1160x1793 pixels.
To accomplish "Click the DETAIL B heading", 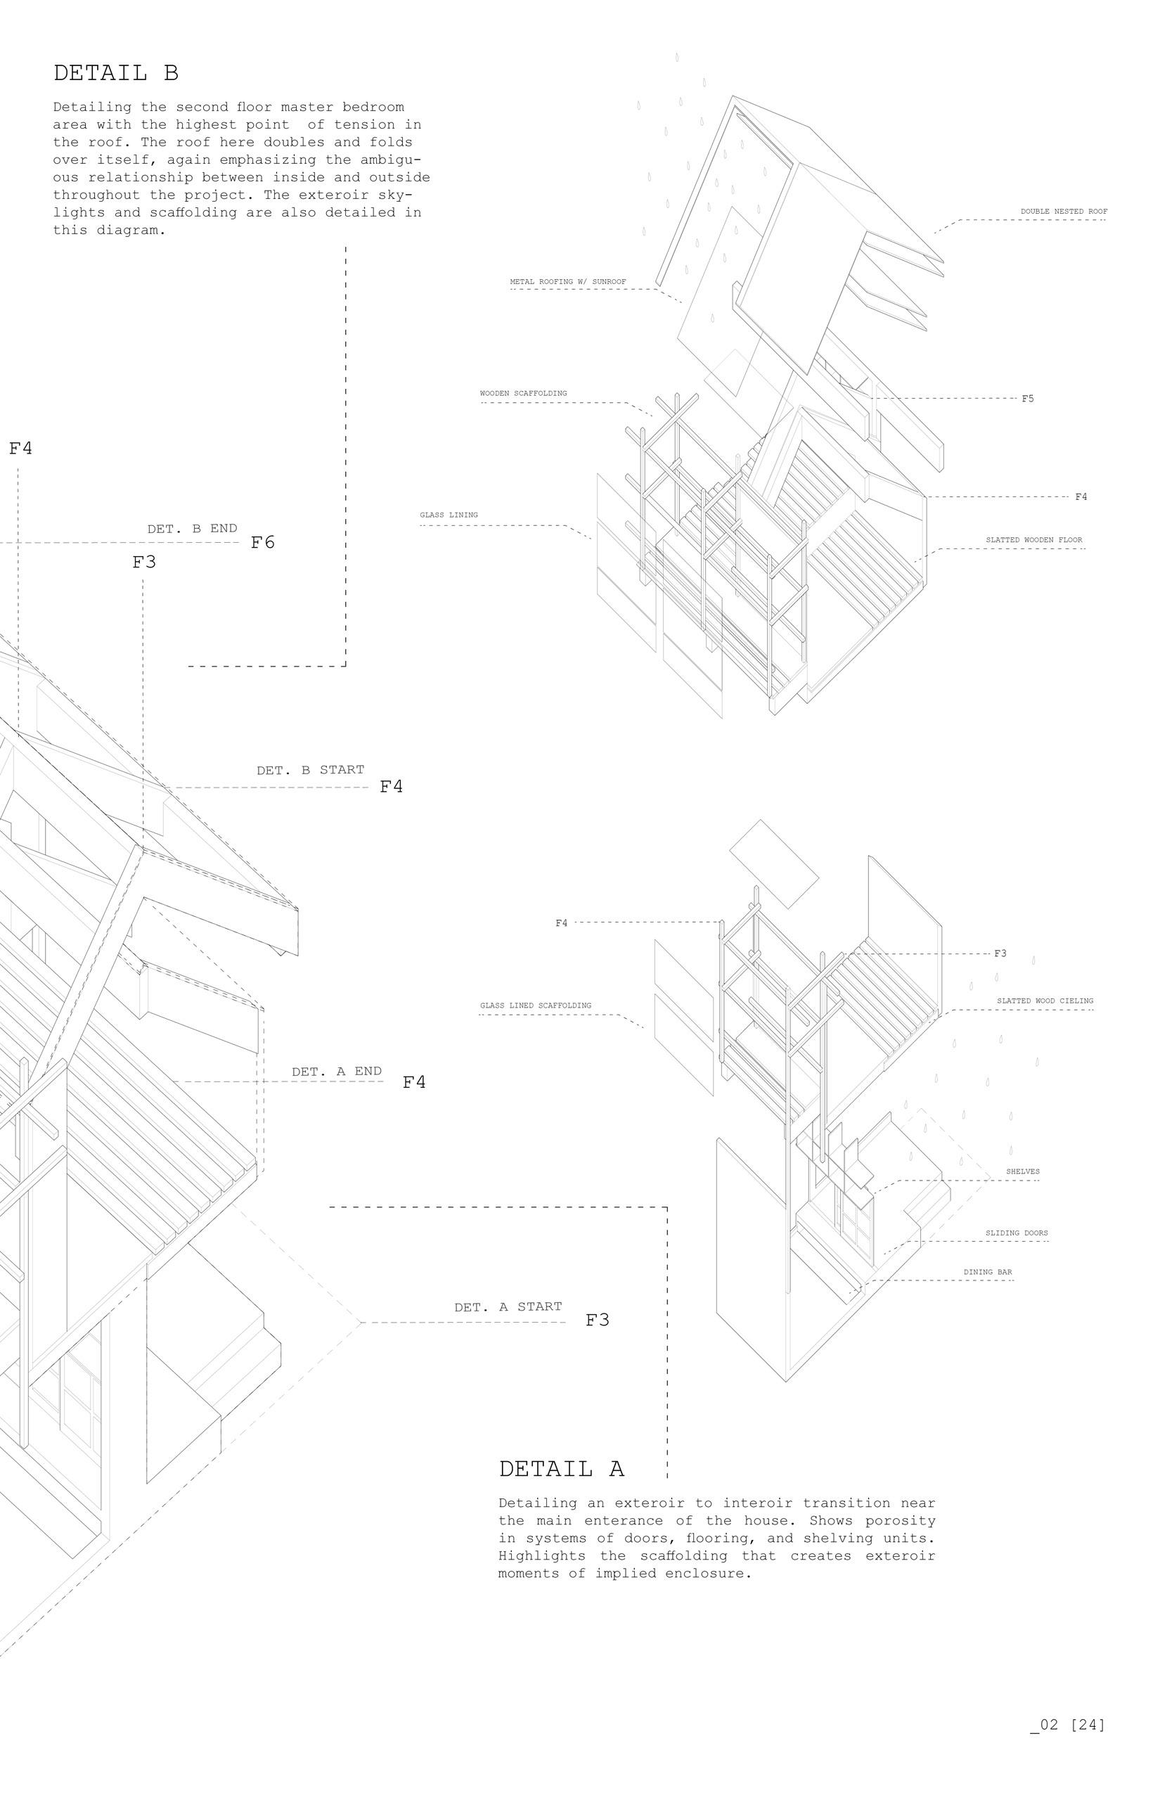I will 116,73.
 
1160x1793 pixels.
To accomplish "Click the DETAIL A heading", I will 561,1469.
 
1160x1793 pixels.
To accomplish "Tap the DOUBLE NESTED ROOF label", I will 1064,212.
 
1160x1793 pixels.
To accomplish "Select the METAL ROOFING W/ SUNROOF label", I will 568,282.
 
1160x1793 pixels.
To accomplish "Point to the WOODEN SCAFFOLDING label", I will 524,393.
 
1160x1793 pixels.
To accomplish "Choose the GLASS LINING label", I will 449,515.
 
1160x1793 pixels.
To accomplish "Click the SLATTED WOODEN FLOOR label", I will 1035,540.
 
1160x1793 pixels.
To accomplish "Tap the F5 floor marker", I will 1027,399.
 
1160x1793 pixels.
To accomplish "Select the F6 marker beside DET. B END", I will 263,542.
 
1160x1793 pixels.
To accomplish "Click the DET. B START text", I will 310,770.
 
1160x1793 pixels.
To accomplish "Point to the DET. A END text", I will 337,1072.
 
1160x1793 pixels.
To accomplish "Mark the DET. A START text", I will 508,1307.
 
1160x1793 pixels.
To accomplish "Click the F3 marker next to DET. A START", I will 598,1320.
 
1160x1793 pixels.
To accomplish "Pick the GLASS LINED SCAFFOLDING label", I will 536,1005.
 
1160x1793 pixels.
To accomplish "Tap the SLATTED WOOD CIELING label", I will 1045,1001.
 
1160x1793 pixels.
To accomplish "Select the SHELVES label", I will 1022,1171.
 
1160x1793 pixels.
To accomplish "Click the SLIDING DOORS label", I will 1016,1233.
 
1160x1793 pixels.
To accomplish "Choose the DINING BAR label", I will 988,1273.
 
